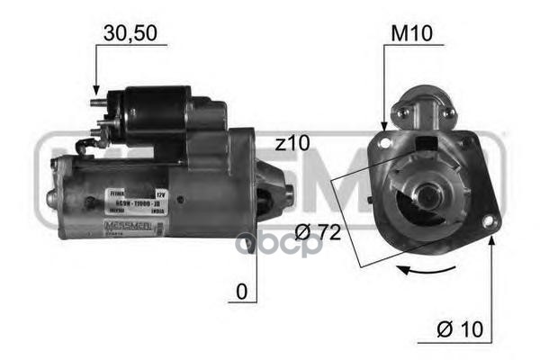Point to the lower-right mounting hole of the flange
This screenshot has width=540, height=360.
(x=489, y=220)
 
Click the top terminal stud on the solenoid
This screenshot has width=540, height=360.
(x=99, y=102)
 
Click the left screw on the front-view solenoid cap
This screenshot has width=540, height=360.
(x=404, y=112)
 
